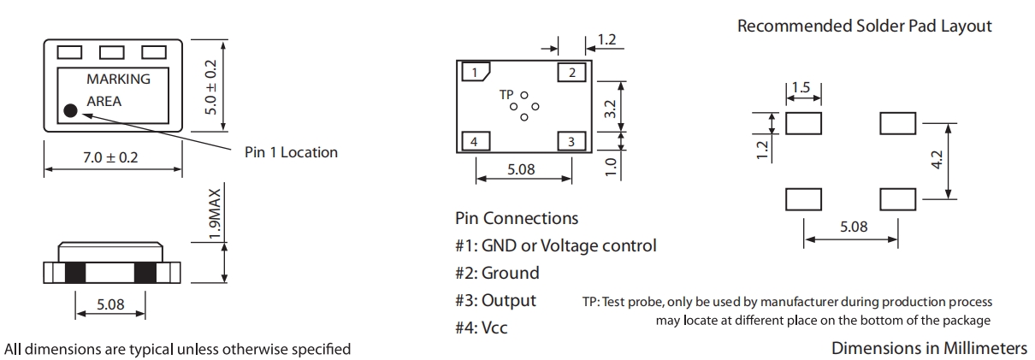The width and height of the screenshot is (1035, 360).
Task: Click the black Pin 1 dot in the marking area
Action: (x=70, y=110)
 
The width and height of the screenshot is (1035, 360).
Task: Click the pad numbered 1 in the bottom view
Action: (x=475, y=73)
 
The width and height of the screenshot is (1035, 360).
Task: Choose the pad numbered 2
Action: (x=571, y=72)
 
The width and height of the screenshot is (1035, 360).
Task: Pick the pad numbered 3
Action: (x=571, y=141)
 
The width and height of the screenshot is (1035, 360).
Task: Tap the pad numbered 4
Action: (x=475, y=141)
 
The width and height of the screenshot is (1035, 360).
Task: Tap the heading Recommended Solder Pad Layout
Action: (x=865, y=27)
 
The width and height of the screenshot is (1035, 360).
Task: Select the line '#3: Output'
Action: (x=496, y=300)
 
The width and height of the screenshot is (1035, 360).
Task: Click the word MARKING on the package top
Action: (x=118, y=80)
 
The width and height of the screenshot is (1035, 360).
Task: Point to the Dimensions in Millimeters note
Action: (x=931, y=348)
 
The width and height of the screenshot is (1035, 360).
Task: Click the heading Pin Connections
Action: (x=517, y=219)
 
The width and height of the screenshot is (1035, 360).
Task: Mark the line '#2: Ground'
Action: (x=498, y=274)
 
